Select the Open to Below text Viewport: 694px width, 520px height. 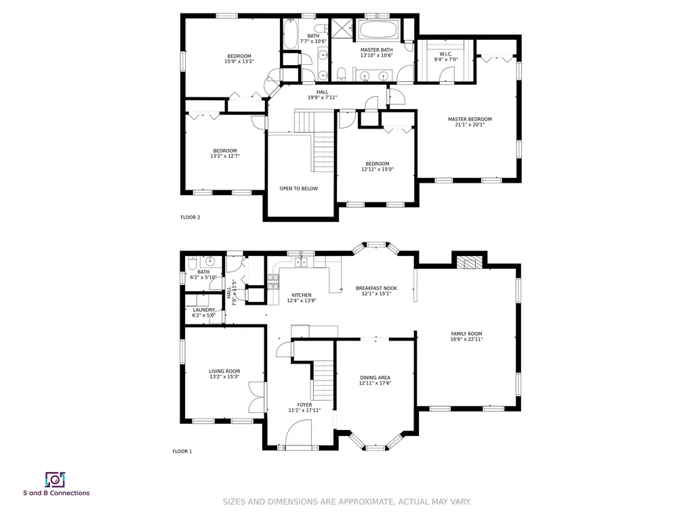pos(299,188)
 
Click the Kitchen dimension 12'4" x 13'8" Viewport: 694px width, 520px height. pos(302,301)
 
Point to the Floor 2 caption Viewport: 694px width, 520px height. pos(190,217)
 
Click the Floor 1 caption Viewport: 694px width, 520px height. pos(182,451)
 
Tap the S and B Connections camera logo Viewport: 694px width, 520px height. pos(56,480)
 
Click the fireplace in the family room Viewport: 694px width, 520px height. pos(469,263)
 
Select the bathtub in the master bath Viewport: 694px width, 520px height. pos(378,30)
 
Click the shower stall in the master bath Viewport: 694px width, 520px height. pos(342,29)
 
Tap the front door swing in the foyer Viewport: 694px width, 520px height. pos(299,433)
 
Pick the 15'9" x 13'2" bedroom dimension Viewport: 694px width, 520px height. pos(239,62)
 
